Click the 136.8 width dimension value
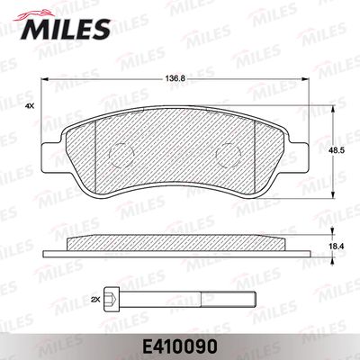coord(176,79)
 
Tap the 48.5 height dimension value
coord(335,152)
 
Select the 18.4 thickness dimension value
coord(335,247)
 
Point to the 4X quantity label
coord(30,105)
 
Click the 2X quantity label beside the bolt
coord(95,299)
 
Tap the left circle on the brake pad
coord(121,155)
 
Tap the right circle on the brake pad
coord(229,155)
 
